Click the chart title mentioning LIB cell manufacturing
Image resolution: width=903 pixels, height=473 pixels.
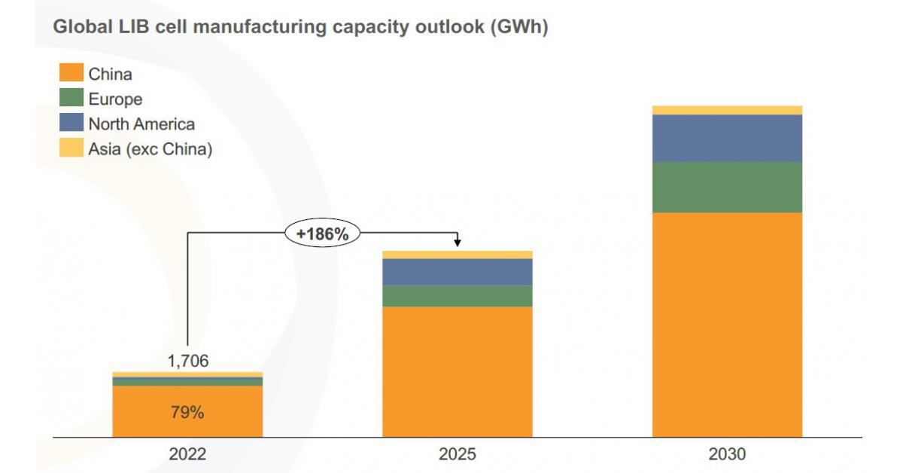point(299,29)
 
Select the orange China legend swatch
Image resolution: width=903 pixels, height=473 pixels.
point(71,74)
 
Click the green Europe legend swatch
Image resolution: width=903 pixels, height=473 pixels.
point(71,99)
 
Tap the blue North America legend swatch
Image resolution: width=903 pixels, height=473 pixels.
point(71,124)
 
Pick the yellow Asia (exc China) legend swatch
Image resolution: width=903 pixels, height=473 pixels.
point(71,148)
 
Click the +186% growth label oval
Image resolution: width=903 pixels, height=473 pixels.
point(323,234)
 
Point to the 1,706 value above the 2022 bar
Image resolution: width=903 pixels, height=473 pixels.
point(187,362)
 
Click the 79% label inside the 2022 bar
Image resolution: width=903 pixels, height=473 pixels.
point(187,413)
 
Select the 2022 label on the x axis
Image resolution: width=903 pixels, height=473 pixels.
point(187,454)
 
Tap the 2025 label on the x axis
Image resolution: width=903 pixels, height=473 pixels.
point(458,454)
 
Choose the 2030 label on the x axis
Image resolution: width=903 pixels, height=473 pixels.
point(727,454)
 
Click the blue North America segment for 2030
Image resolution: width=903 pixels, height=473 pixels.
point(727,139)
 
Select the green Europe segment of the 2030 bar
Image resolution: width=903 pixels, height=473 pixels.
point(727,188)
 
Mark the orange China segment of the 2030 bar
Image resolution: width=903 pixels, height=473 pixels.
point(727,324)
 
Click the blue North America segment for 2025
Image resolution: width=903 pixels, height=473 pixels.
point(458,272)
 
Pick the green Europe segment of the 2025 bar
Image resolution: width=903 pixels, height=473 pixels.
point(458,296)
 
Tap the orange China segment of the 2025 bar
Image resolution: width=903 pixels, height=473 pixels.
point(458,371)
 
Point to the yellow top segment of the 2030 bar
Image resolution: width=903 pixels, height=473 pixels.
point(727,110)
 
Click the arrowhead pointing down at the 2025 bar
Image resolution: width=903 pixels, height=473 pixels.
point(458,243)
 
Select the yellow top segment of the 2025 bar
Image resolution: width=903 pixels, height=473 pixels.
point(458,255)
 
